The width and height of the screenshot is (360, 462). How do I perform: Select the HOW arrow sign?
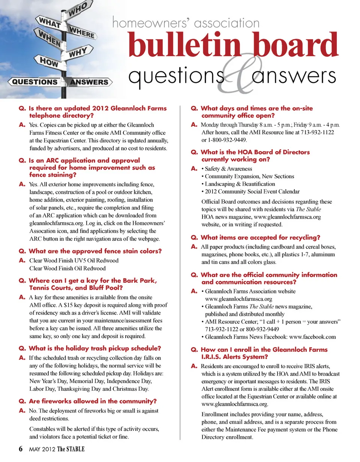(x=48, y=62)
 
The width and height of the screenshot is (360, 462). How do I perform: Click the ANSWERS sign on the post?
(x=89, y=82)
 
